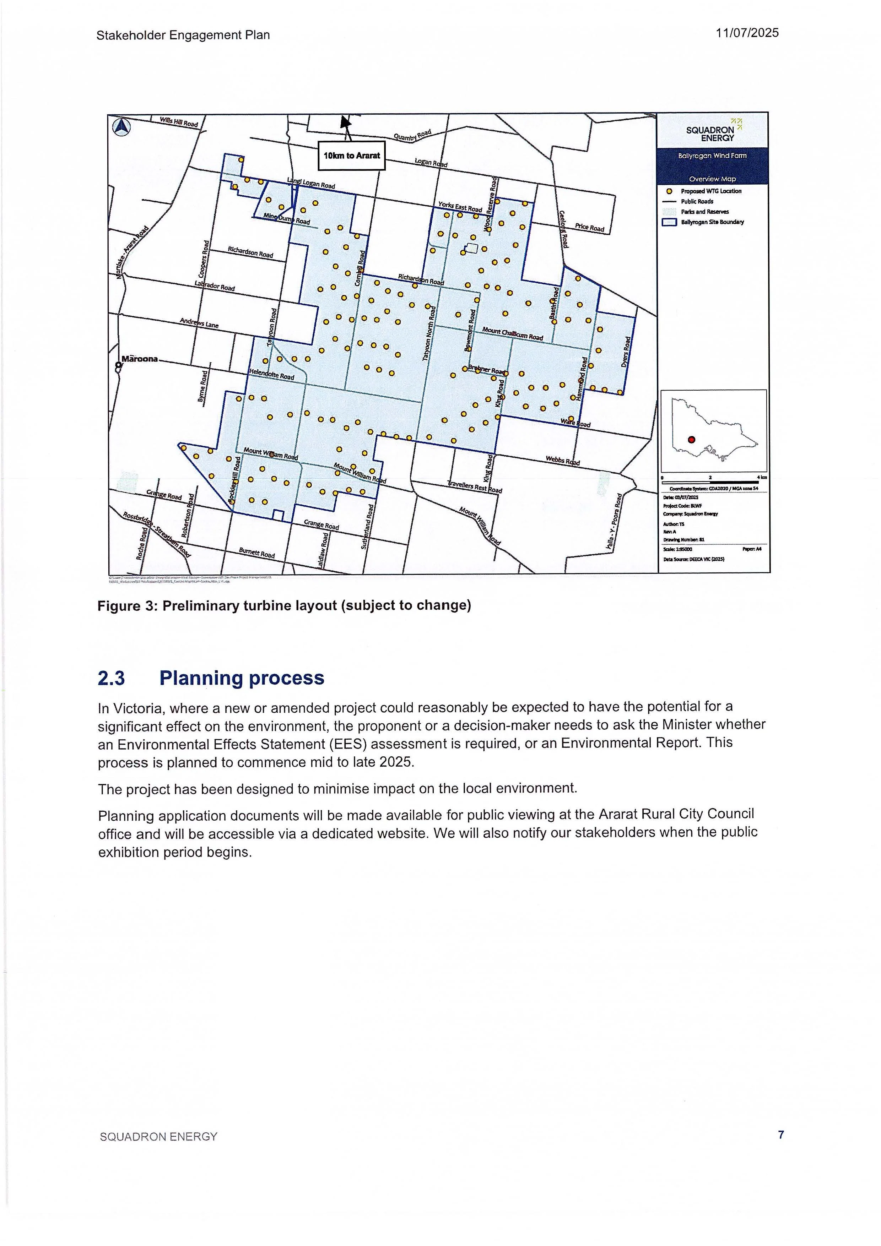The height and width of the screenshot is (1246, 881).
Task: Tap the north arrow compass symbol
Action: tap(121, 127)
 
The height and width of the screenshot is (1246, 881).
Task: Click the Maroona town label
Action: tap(140, 359)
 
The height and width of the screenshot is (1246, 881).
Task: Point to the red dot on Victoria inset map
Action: tap(691, 440)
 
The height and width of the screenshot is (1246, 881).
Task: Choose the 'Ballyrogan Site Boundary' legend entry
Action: tap(712, 222)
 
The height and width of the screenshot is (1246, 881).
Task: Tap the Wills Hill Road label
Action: tap(179, 123)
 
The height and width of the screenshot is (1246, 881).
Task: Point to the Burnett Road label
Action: tap(257, 554)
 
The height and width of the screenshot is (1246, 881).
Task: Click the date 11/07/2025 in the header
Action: tap(747, 33)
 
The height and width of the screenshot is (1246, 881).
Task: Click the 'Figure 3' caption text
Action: tap(283, 606)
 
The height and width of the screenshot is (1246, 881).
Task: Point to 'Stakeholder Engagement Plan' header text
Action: tap(183, 35)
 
